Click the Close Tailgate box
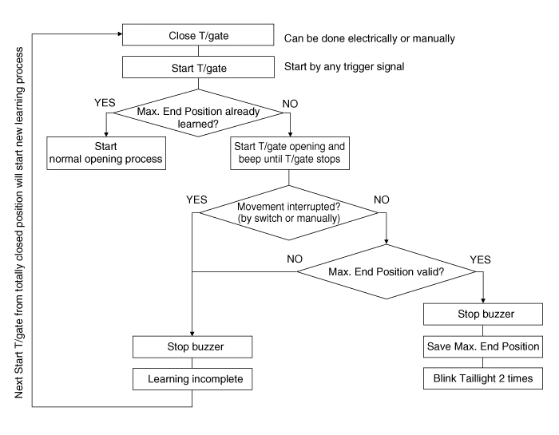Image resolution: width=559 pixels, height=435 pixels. (199, 36)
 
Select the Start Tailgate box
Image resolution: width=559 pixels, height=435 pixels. (199, 69)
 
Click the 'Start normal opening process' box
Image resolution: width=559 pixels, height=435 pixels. (106, 152)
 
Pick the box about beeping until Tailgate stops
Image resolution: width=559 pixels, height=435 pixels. (289, 152)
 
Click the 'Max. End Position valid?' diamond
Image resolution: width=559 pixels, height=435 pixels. (387, 272)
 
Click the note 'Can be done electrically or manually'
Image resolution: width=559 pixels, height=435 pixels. (370, 38)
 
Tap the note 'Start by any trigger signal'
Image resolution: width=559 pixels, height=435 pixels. (345, 66)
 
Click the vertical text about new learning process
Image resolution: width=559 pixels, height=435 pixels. (19, 223)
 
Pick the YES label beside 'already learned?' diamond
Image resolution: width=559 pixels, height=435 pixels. (105, 104)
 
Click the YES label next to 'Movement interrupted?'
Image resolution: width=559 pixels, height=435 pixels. (196, 199)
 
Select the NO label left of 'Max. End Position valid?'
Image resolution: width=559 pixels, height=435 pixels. (295, 259)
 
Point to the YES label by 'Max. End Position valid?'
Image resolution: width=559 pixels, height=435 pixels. (481, 261)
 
